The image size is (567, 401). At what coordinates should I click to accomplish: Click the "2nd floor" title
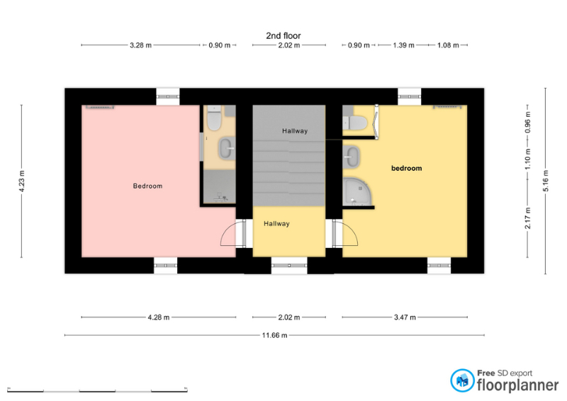[283, 35]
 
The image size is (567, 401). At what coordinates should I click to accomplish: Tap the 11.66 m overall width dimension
[274, 335]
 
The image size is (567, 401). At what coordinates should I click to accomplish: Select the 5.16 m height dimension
[546, 181]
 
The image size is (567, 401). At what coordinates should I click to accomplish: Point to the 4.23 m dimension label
[22, 181]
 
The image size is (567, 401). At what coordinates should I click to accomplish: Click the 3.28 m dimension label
[140, 45]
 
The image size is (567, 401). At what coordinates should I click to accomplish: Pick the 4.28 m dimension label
[158, 317]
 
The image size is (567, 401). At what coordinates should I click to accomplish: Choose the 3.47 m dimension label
[405, 317]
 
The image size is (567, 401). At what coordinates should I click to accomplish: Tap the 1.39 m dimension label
[403, 45]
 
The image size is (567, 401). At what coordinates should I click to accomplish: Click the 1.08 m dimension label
[448, 45]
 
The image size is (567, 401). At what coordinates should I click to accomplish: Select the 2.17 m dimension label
[527, 218]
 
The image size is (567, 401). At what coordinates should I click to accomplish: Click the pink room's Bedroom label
[147, 186]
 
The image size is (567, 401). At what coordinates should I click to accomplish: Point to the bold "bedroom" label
[406, 168]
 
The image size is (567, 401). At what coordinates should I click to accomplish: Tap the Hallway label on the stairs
[295, 131]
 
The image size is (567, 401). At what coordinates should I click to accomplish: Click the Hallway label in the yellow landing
[276, 223]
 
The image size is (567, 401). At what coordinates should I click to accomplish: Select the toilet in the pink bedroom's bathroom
[214, 118]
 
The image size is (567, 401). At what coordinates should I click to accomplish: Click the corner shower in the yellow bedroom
[357, 191]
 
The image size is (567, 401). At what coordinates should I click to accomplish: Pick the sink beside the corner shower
[351, 157]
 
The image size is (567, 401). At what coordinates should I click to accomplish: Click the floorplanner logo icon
[462, 380]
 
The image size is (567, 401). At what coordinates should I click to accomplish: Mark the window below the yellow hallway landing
[289, 266]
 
